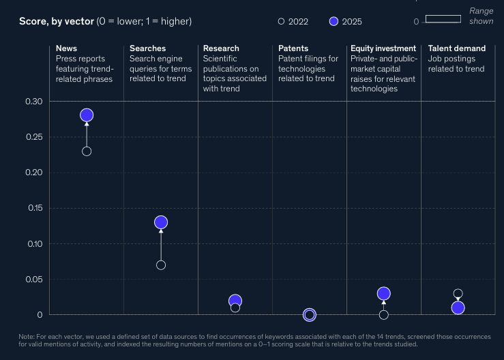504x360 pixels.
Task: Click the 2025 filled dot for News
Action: click(x=87, y=115)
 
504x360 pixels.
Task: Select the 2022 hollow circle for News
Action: click(x=87, y=151)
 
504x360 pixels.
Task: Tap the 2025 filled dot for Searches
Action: click(x=161, y=222)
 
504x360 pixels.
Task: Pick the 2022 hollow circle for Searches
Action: click(x=161, y=265)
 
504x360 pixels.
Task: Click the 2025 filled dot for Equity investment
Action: click(x=384, y=293)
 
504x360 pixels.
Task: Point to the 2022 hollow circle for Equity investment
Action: click(x=384, y=315)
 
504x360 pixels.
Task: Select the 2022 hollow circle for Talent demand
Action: click(x=458, y=293)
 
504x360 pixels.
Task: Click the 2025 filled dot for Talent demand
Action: click(x=458, y=308)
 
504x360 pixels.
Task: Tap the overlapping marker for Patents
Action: click(x=310, y=315)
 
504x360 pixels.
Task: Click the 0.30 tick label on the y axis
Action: click(x=33, y=101)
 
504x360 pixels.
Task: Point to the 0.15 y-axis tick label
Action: click(x=35, y=208)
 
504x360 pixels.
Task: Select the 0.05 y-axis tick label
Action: click(x=33, y=280)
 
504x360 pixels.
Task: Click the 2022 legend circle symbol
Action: click(x=281, y=21)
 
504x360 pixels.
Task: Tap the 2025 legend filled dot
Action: click(x=334, y=21)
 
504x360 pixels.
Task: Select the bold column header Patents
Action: click(x=293, y=48)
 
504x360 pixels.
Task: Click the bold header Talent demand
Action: click(x=457, y=48)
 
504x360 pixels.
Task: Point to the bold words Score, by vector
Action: click(x=57, y=22)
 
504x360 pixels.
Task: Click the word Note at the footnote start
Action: click(x=27, y=337)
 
